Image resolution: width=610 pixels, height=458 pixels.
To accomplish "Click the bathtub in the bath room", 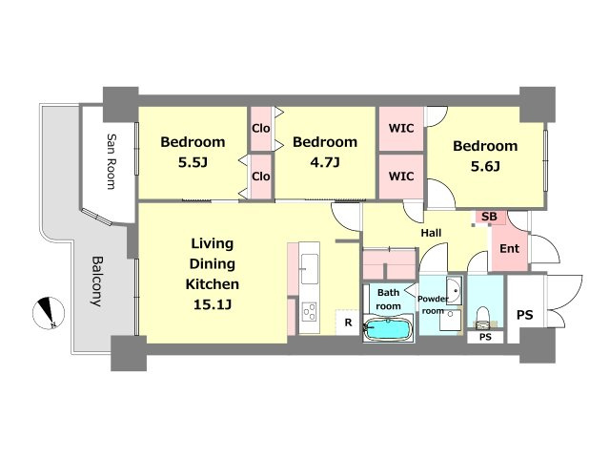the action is [388, 330].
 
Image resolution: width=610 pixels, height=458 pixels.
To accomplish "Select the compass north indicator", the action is [49, 313].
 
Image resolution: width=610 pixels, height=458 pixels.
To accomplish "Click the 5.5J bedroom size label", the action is [193, 162].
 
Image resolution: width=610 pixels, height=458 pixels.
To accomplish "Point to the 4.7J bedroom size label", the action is [325, 162].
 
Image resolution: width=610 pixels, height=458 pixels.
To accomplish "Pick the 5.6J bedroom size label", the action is [485, 166].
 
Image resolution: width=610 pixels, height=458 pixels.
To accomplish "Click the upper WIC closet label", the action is [401, 128].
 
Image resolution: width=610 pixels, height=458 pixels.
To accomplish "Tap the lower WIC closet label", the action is [401, 177].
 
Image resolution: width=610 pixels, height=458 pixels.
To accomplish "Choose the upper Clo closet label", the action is [260, 128].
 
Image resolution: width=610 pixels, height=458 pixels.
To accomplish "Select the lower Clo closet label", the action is [260, 177].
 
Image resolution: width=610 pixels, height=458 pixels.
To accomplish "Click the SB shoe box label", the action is [489, 217].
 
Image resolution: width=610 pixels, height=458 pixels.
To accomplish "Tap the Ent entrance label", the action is [509, 248].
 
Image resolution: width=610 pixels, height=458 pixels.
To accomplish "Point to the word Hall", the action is [431, 233].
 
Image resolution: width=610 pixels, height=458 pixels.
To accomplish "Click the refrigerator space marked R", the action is [348, 323].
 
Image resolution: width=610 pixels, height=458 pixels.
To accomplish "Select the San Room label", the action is [112, 161].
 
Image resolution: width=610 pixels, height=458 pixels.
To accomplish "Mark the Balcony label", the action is [97, 281].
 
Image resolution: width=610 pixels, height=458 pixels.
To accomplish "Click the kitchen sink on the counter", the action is [310, 269].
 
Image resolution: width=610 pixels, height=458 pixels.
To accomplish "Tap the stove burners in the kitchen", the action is [310, 312].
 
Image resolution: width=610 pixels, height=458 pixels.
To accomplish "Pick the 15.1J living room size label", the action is [213, 304].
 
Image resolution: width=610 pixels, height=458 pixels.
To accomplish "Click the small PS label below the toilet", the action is [485, 337].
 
